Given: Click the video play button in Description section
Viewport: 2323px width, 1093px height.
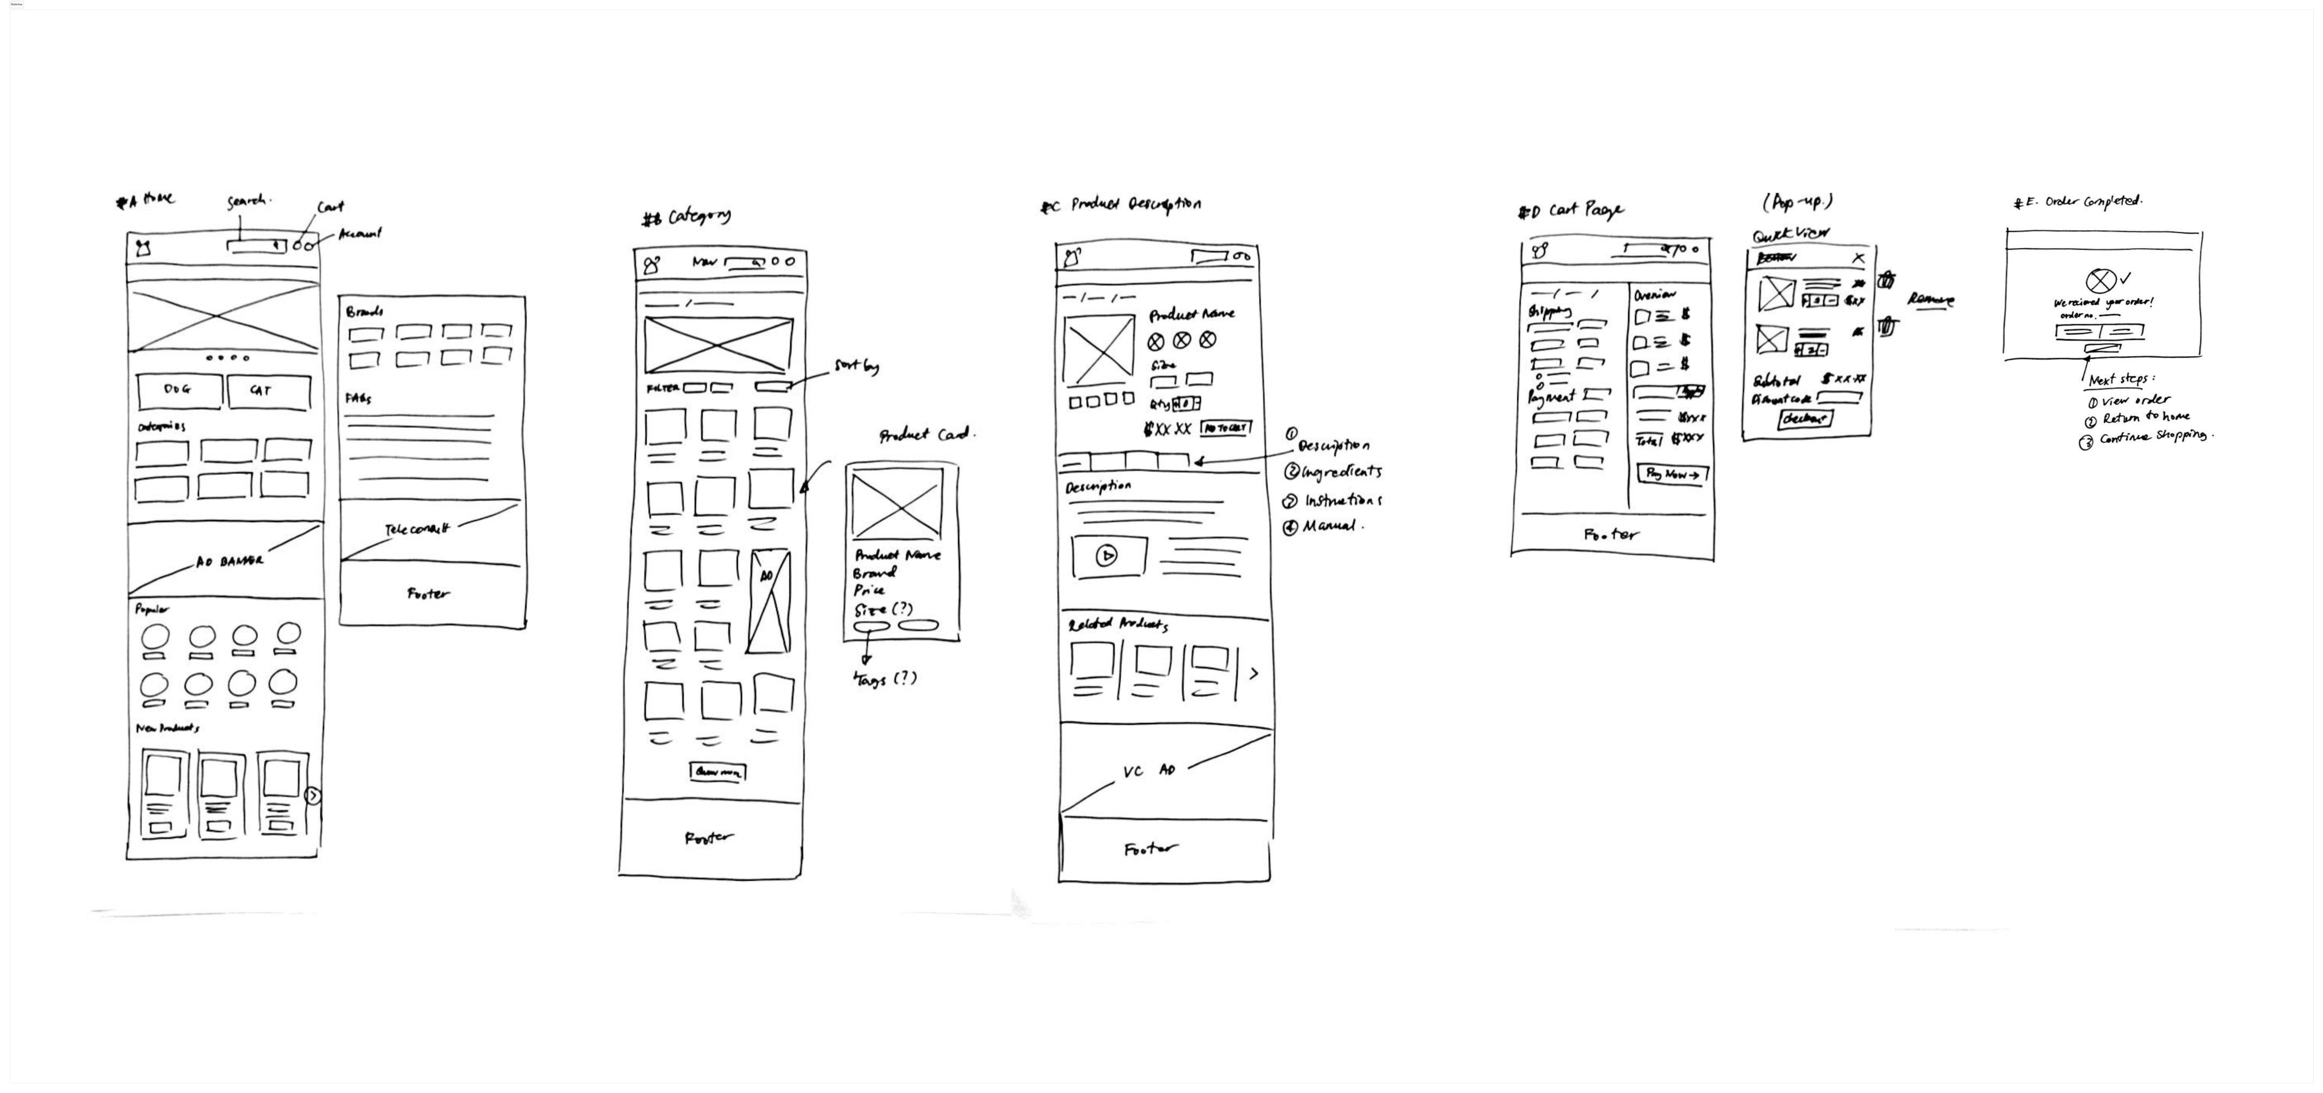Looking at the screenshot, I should pyautogui.click(x=1107, y=555).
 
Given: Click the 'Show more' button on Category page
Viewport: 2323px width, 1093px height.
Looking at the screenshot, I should pyautogui.click(x=718, y=772).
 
